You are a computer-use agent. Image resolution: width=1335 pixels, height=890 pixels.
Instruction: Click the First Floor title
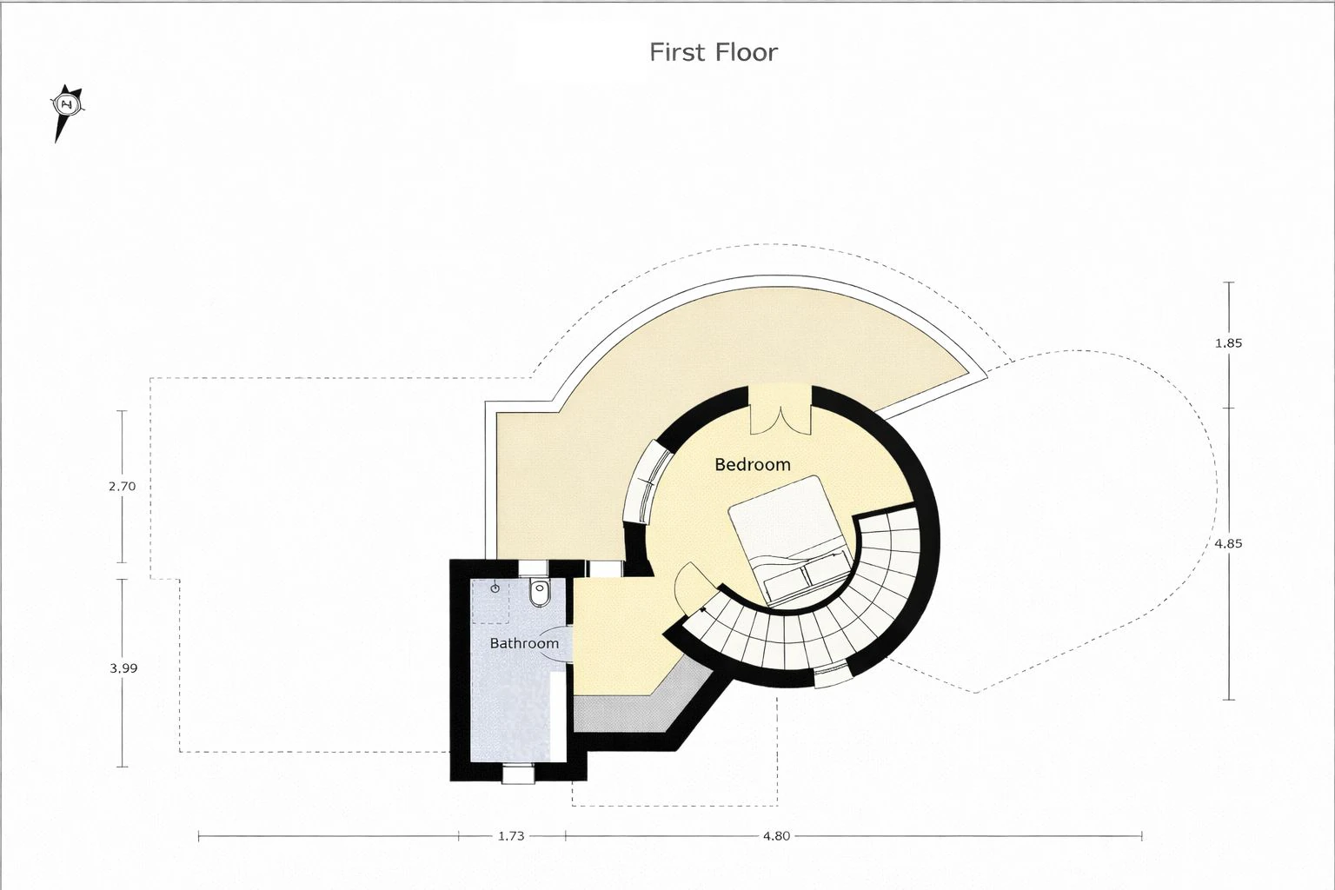point(714,52)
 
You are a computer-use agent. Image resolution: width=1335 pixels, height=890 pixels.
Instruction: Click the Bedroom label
point(752,464)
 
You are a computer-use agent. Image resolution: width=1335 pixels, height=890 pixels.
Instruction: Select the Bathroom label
point(524,643)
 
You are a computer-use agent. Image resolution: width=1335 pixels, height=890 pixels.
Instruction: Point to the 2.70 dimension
point(123,487)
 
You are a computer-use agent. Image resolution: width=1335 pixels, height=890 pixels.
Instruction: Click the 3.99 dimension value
point(123,668)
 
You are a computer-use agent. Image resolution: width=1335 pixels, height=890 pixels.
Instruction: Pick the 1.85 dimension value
point(1228,342)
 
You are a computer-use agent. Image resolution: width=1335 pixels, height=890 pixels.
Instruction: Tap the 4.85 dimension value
point(1228,544)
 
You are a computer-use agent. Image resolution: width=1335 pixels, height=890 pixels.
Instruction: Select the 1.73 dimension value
point(511,836)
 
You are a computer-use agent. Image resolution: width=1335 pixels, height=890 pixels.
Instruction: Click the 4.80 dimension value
point(776,836)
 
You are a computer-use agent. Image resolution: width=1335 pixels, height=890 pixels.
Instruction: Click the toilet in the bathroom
point(539,592)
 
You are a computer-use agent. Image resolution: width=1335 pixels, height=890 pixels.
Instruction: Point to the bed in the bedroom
point(790,540)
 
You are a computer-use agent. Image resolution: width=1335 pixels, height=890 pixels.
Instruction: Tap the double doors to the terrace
point(780,410)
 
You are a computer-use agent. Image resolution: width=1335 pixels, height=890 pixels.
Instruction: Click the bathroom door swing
point(557,644)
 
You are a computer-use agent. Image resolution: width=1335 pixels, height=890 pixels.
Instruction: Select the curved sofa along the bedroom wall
point(647,482)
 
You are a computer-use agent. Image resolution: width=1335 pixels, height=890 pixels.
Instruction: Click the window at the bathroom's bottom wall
point(519,775)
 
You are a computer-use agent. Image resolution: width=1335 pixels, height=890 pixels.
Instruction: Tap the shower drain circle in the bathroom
point(495,589)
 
